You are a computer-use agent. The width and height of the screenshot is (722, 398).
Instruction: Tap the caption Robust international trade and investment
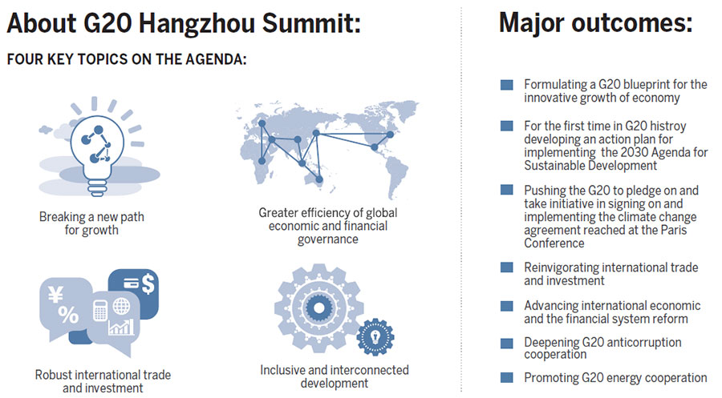point(103,381)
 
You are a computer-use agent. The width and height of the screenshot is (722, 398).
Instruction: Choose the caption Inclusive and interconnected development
point(334,376)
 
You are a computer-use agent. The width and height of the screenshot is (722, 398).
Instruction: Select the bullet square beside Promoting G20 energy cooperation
point(506,377)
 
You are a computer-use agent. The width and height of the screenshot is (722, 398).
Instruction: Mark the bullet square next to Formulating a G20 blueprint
point(506,84)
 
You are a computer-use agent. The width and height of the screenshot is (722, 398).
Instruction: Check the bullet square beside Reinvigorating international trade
point(506,267)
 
